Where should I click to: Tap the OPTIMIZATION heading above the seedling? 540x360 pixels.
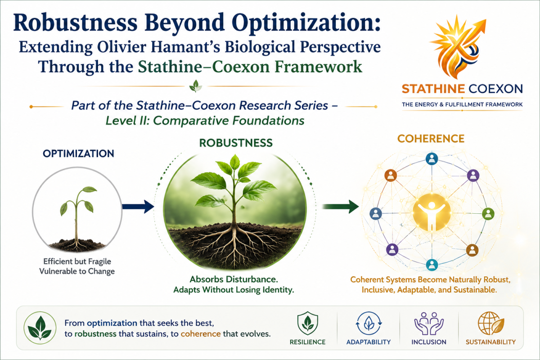point(78,153)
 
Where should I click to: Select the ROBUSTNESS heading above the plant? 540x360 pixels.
point(236,143)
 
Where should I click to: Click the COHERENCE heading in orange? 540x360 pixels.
point(431,139)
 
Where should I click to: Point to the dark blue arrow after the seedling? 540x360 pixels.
point(138,207)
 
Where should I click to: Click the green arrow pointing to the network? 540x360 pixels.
point(340,207)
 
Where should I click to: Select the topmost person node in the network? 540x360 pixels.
point(432,159)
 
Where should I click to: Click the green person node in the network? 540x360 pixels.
point(488,214)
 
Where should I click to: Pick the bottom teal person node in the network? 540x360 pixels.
point(432,265)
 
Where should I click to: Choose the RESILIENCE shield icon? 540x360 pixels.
point(308,323)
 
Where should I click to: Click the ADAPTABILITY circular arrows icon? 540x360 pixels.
point(369,323)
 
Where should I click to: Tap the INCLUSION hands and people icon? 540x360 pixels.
point(429,324)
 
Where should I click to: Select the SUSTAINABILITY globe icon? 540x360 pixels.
point(490,323)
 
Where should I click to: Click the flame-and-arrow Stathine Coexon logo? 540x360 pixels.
point(458,47)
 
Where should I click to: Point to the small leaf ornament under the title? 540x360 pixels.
point(196,86)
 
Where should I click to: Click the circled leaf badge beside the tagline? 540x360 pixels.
point(40,328)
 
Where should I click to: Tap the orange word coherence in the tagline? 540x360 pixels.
point(201,334)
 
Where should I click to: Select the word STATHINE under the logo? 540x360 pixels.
point(433,89)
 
